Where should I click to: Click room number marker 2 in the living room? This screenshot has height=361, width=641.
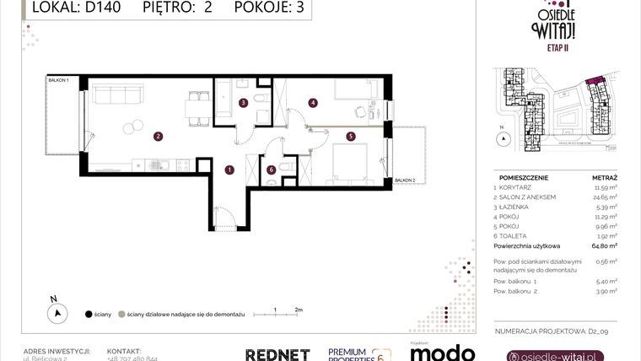(157, 136)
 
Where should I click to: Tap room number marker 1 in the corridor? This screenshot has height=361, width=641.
(229, 170)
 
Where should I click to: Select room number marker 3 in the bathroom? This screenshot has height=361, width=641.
(243, 104)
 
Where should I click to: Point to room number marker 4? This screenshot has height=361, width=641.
(313, 103)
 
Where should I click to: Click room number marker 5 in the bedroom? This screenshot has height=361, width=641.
(350, 135)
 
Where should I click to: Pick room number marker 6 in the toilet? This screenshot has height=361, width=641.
(270, 169)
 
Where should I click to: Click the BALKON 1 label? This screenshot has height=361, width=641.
(58, 80)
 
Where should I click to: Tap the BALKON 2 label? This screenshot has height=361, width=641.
(406, 180)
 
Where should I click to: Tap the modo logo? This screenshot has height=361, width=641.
(440, 353)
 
